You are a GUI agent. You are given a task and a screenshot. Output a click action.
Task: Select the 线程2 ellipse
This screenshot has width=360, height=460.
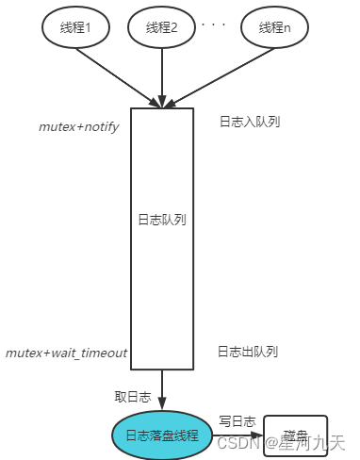(x=162, y=27)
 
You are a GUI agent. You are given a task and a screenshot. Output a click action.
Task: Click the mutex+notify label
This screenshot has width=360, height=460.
(x=78, y=126)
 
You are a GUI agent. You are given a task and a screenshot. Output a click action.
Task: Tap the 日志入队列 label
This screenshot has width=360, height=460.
(x=249, y=122)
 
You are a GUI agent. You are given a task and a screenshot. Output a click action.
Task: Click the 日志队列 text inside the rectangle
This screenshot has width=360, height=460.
(x=162, y=220)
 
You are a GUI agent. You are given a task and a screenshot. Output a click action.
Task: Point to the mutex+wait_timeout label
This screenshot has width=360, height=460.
(x=66, y=353)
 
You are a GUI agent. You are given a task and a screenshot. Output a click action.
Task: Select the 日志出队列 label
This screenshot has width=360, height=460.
(x=247, y=352)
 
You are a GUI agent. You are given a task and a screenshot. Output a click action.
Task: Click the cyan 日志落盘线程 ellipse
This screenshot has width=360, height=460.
(x=162, y=435)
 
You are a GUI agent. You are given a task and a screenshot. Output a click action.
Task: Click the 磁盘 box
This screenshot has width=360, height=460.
(x=295, y=435)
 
